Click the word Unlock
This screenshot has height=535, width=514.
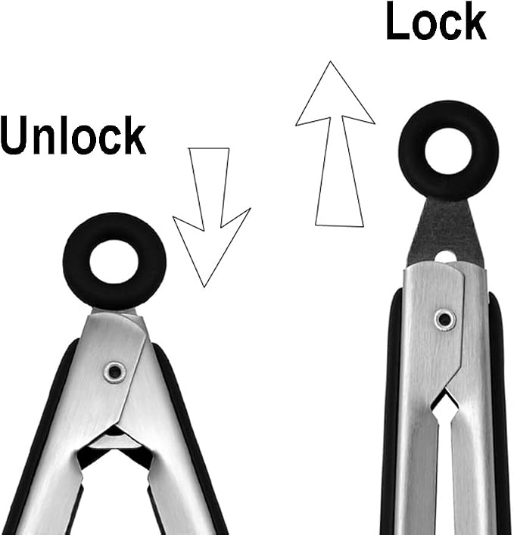73,135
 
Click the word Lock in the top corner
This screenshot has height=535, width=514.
436,21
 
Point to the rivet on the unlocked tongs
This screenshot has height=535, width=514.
114,372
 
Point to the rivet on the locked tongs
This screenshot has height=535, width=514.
445,319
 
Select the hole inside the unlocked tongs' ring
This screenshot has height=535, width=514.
114,262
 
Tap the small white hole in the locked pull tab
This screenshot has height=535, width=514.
444,257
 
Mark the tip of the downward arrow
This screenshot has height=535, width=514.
204,288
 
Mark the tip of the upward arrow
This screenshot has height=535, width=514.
330,61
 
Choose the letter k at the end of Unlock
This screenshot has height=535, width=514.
134,135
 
